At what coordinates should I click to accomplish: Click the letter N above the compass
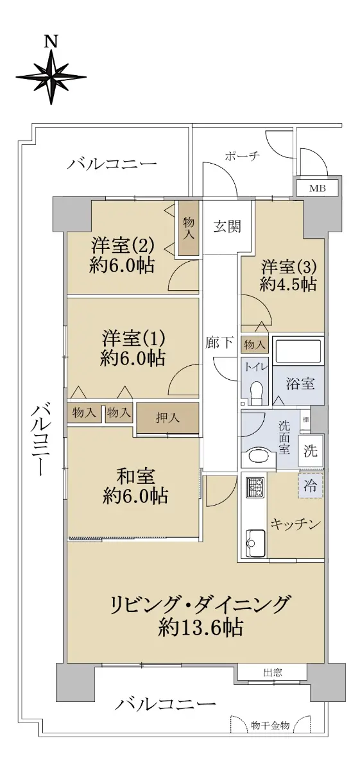(51, 42)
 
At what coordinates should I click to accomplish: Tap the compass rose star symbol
(51, 77)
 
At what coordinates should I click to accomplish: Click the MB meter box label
(317, 189)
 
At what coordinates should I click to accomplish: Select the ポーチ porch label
(242, 157)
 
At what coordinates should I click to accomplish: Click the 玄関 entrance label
(227, 227)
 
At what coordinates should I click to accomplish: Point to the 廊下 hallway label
(219, 343)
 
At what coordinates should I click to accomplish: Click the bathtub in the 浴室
(298, 352)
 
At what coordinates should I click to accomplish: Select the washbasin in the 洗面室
(258, 457)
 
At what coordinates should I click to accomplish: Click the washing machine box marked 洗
(311, 450)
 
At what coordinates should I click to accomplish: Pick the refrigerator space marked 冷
(311, 486)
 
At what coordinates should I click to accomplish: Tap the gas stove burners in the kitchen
(255, 487)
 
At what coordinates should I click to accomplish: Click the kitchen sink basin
(255, 543)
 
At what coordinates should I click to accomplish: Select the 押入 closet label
(167, 418)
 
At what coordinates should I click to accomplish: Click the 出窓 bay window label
(273, 672)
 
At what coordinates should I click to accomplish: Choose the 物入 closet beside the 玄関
(188, 228)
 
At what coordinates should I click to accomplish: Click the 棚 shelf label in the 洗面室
(305, 420)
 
